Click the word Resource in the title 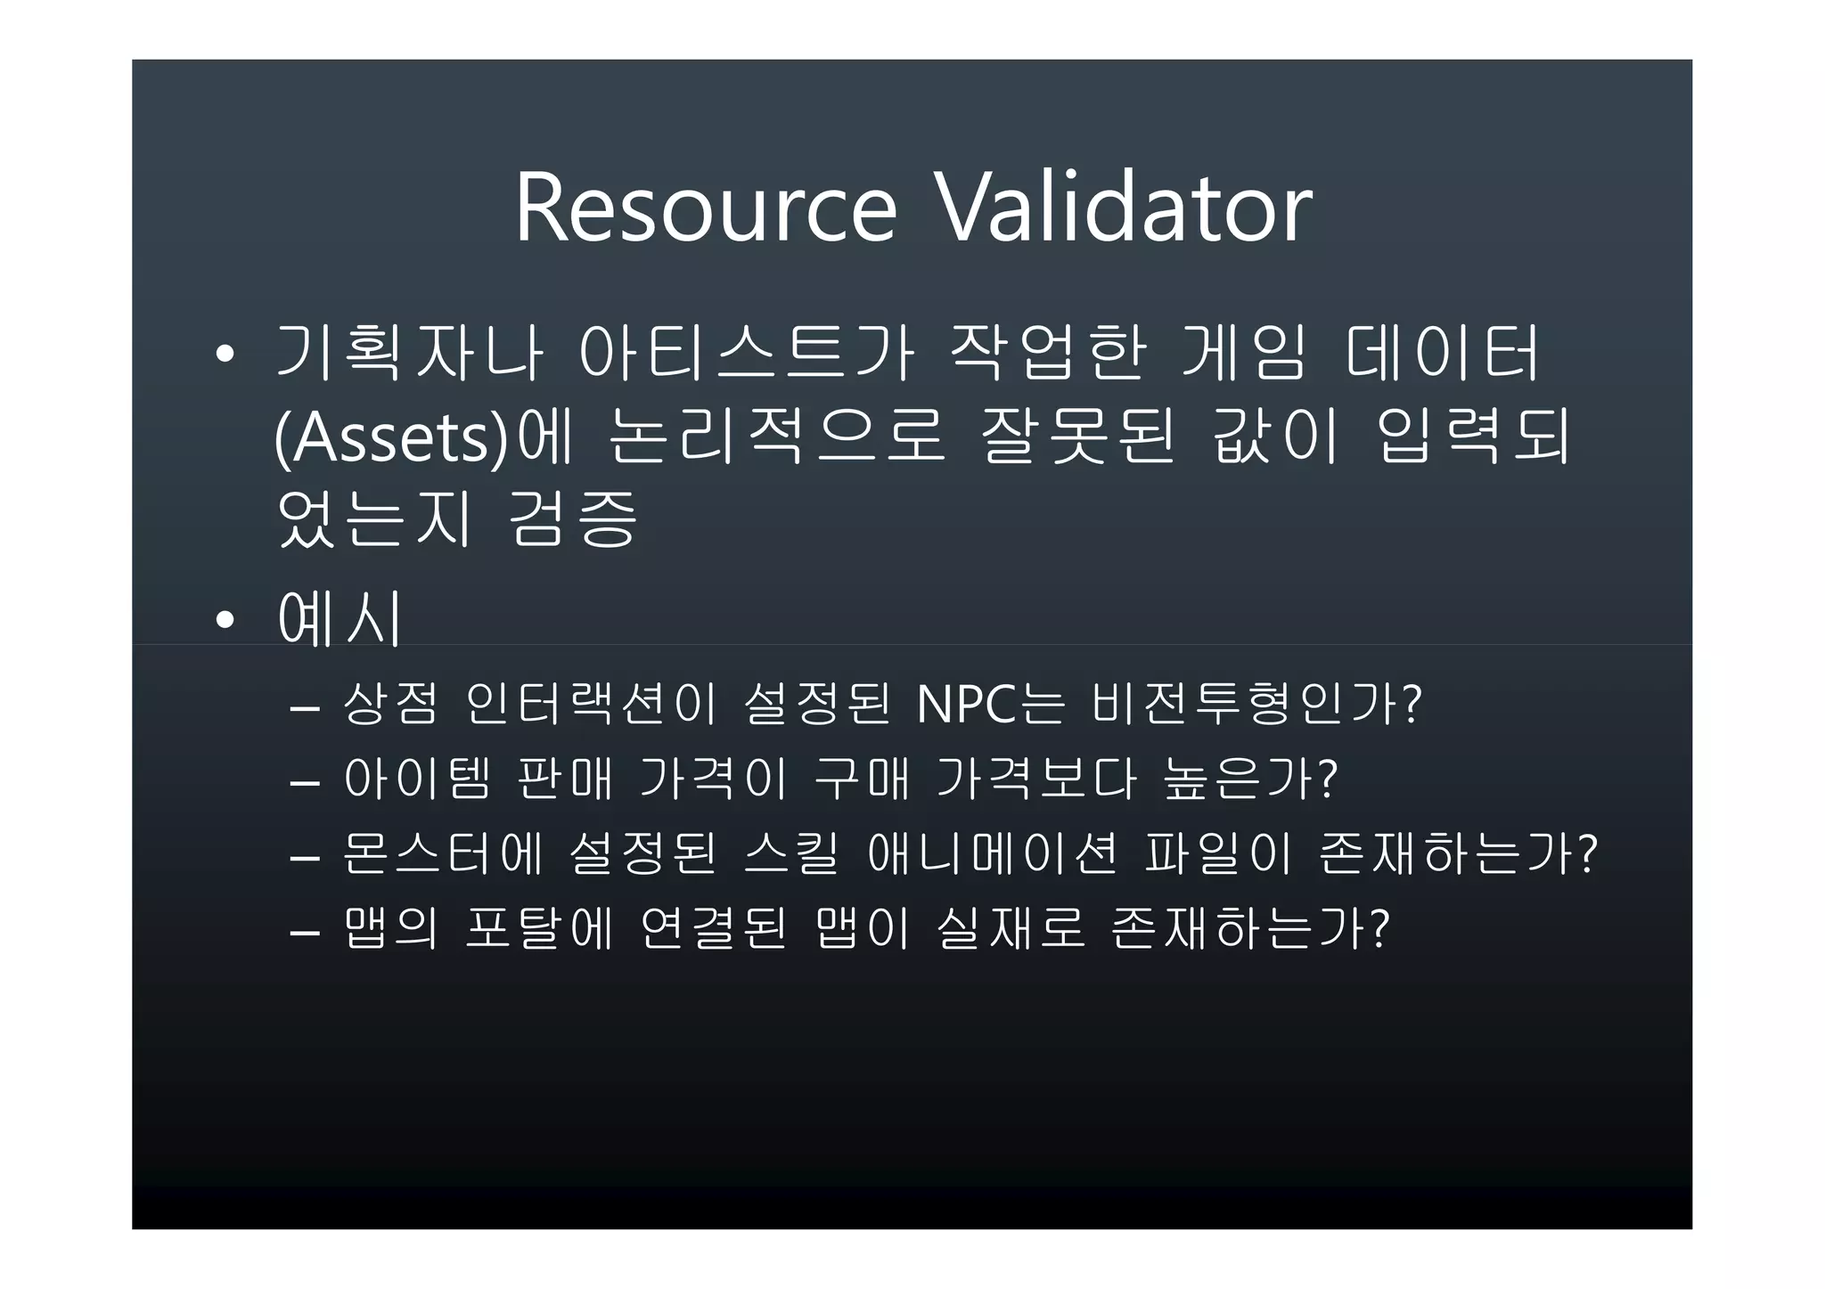point(705,208)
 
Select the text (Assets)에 point(423,437)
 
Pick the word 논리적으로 point(775,437)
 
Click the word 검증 point(572,519)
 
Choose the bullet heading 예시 point(340,618)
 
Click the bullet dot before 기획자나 point(225,355)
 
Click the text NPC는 point(990,705)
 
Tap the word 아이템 point(417,779)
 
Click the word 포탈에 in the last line point(539,929)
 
